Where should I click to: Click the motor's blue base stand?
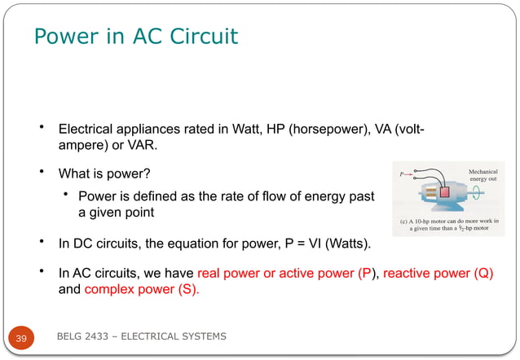[440, 209]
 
